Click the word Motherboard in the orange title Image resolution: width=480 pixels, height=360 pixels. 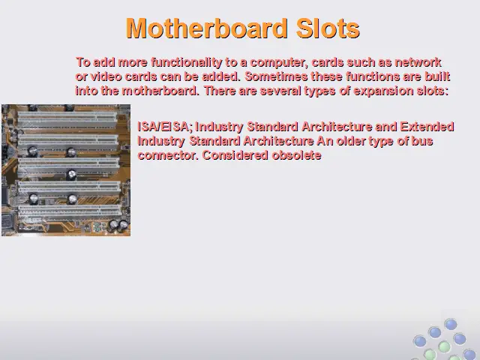(x=207, y=28)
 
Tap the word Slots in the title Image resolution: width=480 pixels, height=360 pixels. (x=328, y=28)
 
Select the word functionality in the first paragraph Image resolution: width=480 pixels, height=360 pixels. (x=187, y=62)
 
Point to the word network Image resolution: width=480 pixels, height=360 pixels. (x=418, y=62)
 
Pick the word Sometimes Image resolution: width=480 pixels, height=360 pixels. (x=277, y=76)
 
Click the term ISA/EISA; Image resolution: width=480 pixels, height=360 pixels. (x=165, y=127)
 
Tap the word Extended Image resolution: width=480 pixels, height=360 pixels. (x=427, y=127)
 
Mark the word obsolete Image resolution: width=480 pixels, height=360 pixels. (x=297, y=155)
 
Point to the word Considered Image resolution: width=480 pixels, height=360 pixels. (x=235, y=155)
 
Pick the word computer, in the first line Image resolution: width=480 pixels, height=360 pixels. (x=277, y=62)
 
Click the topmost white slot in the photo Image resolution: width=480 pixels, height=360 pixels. (x=67, y=118)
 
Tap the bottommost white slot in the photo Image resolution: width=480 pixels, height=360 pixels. (x=70, y=211)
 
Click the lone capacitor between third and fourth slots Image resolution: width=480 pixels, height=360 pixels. (x=72, y=175)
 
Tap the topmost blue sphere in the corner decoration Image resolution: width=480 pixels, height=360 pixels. (x=451, y=325)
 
